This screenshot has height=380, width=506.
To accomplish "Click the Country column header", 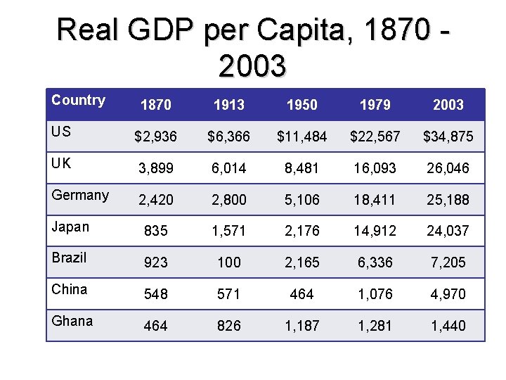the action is coord(79,101).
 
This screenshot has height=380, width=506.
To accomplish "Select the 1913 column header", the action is coord(229,105).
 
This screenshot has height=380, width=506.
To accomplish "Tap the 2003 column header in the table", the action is coord(448,105).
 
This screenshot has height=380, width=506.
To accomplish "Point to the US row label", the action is coord(61,132).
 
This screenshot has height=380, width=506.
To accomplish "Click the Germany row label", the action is coord(80,196).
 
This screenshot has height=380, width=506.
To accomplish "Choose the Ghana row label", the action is coord(72,321).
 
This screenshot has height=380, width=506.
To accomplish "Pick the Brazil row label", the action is coord(69,258).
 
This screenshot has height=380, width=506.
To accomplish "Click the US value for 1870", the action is coord(155,137).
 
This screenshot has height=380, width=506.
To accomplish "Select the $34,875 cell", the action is coord(448,137).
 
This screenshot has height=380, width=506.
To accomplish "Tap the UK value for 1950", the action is coord(301,168).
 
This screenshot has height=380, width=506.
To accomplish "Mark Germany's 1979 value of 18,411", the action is coord(375,200).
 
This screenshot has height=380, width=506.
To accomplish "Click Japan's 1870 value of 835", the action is coord(156,231).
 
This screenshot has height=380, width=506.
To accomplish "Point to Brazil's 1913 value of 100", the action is coord(229,262).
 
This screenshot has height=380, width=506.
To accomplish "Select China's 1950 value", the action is coord(301,294).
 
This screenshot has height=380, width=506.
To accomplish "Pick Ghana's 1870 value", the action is coord(155,325).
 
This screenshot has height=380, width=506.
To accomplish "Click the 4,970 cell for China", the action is coord(448,294).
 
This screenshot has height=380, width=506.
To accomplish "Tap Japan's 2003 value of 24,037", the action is coord(448,231).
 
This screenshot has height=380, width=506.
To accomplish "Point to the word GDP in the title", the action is coord(160,29).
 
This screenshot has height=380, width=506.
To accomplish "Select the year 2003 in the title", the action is coord(252,66).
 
